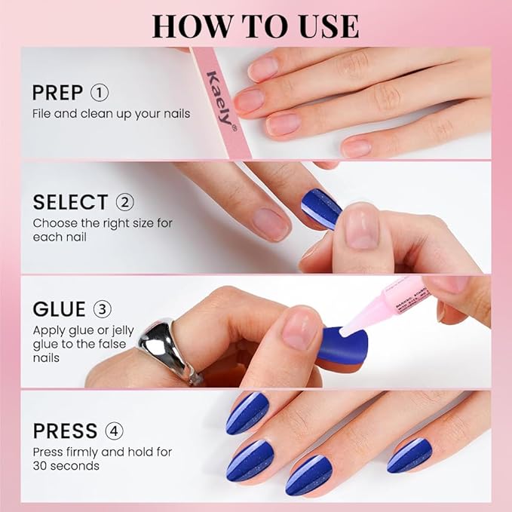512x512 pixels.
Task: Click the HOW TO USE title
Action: click(256, 25)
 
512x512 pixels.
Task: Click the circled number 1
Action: click(100, 93)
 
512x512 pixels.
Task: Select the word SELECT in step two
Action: click(70, 202)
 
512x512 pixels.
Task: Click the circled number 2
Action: click(124, 202)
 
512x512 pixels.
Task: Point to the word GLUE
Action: click(60, 309)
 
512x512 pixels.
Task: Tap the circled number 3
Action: click(102, 309)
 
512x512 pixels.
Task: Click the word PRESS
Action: click(65, 431)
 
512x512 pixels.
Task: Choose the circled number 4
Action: click(114, 431)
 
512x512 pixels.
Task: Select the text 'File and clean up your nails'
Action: click(111, 114)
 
